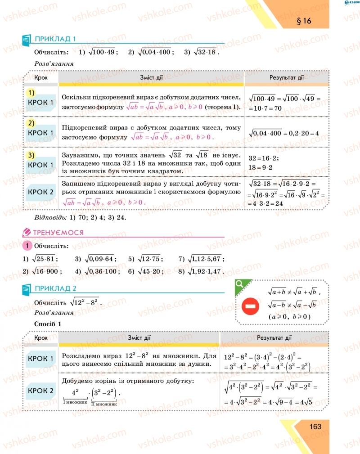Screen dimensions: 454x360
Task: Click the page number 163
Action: click(x=315, y=426)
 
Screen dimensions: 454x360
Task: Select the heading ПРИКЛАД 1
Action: click(x=55, y=39)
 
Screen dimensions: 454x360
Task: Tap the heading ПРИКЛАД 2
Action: click(x=55, y=288)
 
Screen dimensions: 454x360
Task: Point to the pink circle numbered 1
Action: click(x=27, y=246)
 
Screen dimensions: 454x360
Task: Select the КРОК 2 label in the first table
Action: click(x=41, y=192)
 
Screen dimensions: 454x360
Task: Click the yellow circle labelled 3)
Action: click(x=31, y=155)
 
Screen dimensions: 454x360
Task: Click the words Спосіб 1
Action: click(x=47, y=324)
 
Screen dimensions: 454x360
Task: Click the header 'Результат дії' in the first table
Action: click(x=286, y=77)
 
